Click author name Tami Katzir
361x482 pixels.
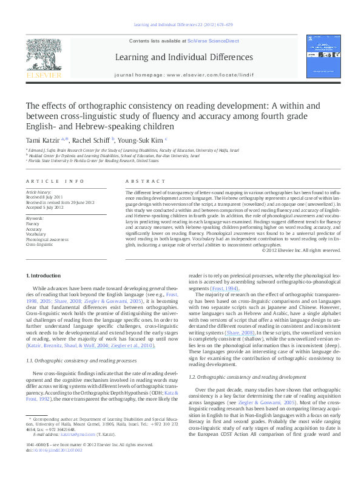(x=46, y=140)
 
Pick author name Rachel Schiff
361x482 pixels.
(x=90, y=140)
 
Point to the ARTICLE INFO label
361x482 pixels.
(x=55, y=182)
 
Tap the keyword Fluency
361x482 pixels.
(x=33, y=223)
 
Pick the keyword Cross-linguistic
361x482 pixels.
(x=39, y=244)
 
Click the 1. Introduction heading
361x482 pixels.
(x=43, y=275)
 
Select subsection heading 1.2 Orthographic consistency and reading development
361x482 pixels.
(x=243, y=360)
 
